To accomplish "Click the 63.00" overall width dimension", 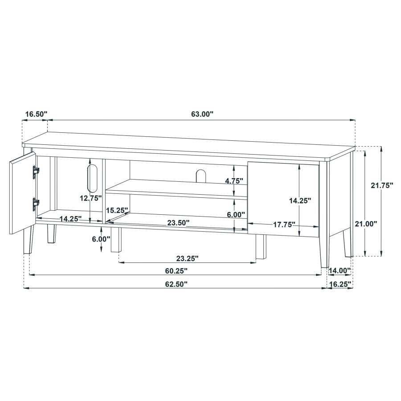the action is (x=202, y=114).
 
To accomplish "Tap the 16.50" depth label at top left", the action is (x=37, y=114).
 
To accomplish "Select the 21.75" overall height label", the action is (x=382, y=185).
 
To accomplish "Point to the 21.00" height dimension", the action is (x=366, y=224).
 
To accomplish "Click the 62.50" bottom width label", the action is (x=176, y=284).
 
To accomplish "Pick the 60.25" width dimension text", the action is (x=176, y=271).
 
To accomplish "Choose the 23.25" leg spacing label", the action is (x=188, y=258).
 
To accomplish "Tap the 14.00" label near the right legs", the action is (x=340, y=270).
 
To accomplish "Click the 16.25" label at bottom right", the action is (x=340, y=284).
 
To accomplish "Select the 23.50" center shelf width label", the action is (x=179, y=223).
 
